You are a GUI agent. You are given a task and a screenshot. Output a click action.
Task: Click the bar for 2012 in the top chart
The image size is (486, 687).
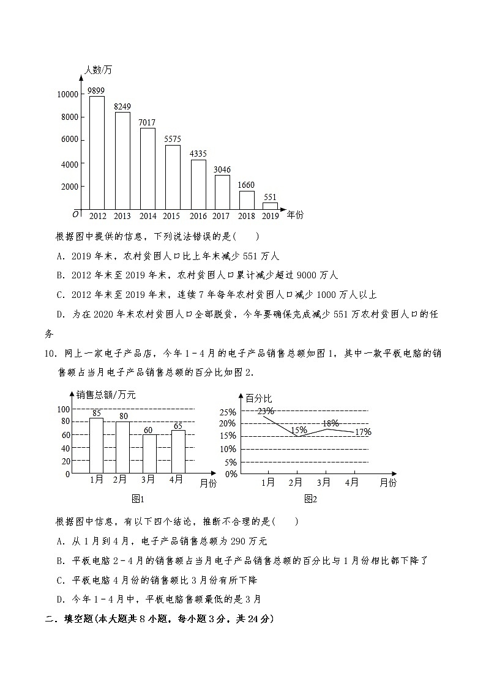(97, 152)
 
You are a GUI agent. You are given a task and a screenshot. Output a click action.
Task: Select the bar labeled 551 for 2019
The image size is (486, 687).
(270, 206)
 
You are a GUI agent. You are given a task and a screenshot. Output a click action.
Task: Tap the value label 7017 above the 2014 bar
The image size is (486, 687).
(147, 122)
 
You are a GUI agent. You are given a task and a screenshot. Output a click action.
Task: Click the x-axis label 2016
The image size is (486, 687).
(198, 216)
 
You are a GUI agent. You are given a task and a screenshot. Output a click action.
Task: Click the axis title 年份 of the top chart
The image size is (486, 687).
(295, 215)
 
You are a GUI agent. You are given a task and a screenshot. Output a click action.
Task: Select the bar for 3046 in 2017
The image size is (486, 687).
(222, 192)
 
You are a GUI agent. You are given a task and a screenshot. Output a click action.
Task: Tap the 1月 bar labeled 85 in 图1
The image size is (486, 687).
(96, 446)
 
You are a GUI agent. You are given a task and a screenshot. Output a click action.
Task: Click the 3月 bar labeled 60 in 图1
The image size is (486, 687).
(149, 454)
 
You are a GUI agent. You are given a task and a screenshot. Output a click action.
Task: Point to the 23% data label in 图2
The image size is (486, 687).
(266, 411)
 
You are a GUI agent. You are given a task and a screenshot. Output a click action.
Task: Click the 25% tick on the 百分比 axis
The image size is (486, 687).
(228, 411)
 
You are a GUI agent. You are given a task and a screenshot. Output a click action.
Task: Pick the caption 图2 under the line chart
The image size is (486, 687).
(311, 499)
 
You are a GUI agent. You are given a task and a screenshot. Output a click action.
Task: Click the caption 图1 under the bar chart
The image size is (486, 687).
(138, 499)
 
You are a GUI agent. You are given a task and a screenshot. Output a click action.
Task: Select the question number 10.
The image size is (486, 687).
(51, 353)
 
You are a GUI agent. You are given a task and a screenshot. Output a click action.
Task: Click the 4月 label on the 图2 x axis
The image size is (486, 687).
(352, 482)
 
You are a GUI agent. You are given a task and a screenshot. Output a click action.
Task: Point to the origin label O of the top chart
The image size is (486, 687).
(75, 214)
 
